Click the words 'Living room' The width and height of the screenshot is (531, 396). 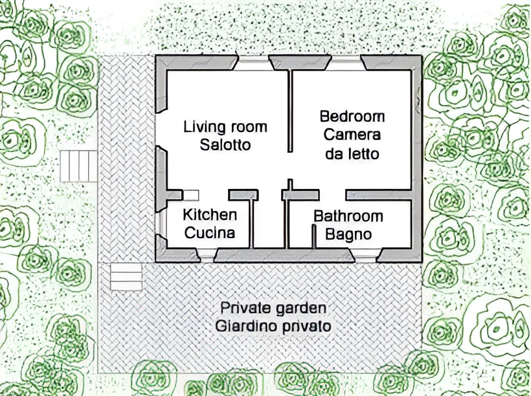pos(225,127)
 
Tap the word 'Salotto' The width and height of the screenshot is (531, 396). pos(225,145)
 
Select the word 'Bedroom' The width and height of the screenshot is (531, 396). pos(352,116)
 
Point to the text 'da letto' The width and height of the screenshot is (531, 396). pos(352,154)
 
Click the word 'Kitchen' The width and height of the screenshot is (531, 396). pos(210,215)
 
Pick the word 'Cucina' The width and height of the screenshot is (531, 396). pos(210,233)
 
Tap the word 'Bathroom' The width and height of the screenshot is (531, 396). pos(348,216)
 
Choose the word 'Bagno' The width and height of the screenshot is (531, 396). pos(348,234)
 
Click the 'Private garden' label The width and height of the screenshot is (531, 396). pos(274,309)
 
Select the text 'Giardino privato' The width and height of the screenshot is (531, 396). pos(274,327)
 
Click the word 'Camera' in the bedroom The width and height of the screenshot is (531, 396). pos(352,135)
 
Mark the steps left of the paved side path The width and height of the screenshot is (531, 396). pos(78,166)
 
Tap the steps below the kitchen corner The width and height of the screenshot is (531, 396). pos(126,277)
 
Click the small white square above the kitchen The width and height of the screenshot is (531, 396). pos(191,195)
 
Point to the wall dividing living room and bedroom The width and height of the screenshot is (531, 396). pos(290,111)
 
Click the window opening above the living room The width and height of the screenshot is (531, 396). pos(254,63)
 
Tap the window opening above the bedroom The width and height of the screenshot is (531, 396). pos(346,63)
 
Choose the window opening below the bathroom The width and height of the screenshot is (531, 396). pos(366,256)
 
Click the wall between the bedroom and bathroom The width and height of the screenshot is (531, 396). pos(379,195)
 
